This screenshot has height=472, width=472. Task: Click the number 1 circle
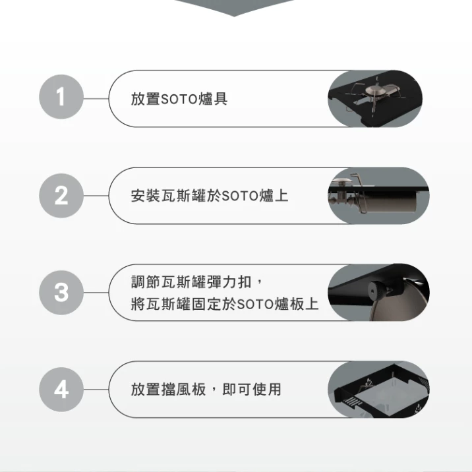pyautogui.click(x=61, y=97)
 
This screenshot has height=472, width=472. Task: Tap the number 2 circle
pyautogui.click(x=61, y=196)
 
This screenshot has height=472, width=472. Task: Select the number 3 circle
pyautogui.click(x=61, y=293)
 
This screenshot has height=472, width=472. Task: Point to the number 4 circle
pyautogui.click(x=61, y=390)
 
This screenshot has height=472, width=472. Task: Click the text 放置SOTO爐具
pyautogui.click(x=179, y=99)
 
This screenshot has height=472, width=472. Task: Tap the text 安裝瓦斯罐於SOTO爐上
pyautogui.click(x=210, y=196)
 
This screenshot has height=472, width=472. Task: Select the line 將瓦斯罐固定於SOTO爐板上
pyautogui.click(x=225, y=304)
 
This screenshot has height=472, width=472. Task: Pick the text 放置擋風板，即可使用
pyautogui.click(x=206, y=389)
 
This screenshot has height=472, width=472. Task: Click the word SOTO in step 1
pyautogui.click(x=179, y=99)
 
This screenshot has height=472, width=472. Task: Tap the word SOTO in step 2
pyautogui.click(x=239, y=196)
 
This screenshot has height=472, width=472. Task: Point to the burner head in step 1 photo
pyautogui.click(x=373, y=90)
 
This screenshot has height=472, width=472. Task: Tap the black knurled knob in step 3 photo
pyautogui.click(x=378, y=291)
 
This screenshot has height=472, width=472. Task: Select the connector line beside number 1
pyautogui.click(x=96, y=98)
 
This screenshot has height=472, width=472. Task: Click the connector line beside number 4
pyautogui.click(x=96, y=389)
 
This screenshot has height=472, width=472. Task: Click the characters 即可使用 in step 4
pyautogui.click(x=252, y=389)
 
